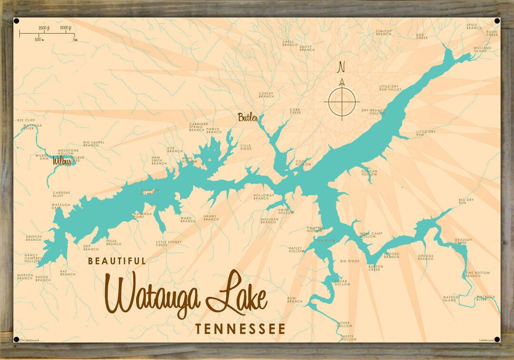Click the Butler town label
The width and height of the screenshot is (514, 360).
[x=248, y=117]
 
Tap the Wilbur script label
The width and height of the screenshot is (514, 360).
[x=62, y=161]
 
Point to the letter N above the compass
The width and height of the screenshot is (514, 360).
[x=341, y=68]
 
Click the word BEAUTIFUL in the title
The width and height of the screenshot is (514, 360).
[x=117, y=261]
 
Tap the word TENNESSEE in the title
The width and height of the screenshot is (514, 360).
[x=240, y=329]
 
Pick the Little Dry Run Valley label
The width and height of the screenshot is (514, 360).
[x=390, y=88]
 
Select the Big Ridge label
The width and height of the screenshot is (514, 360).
[x=350, y=261]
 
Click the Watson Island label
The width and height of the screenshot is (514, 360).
[x=450, y=299]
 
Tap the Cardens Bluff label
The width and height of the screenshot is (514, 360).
[x=61, y=194]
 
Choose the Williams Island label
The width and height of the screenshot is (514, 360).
[x=482, y=50]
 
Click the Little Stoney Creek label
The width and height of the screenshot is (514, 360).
[x=168, y=243]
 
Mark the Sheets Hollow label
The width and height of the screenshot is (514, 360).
[x=348, y=338]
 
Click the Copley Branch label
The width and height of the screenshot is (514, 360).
[x=266, y=95]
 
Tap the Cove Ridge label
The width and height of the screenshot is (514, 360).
[x=246, y=147]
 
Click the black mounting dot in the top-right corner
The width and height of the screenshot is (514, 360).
[x=497, y=21]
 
